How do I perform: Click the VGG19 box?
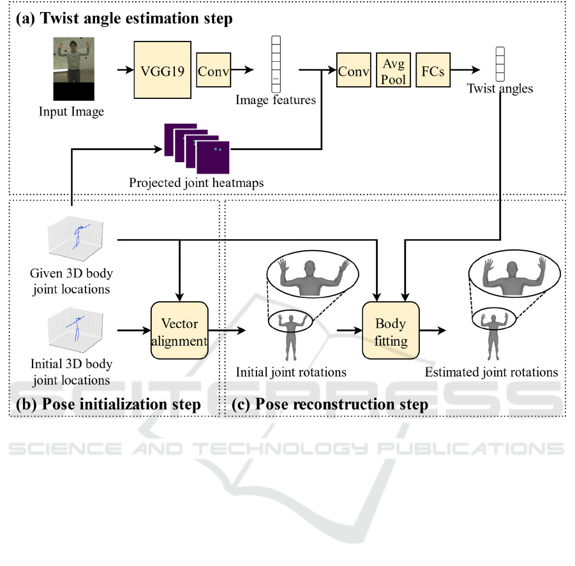pyautogui.click(x=162, y=70)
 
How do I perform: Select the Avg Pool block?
pyautogui.click(x=393, y=70)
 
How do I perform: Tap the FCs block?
pyautogui.click(x=433, y=71)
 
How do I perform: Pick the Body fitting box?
pyautogui.click(x=391, y=332)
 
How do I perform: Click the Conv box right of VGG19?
pyautogui.click(x=213, y=71)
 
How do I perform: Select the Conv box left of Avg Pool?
pyautogui.click(x=354, y=71)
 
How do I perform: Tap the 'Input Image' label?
pyautogui.click(x=71, y=112)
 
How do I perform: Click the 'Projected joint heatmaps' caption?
pyautogui.click(x=197, y=183)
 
